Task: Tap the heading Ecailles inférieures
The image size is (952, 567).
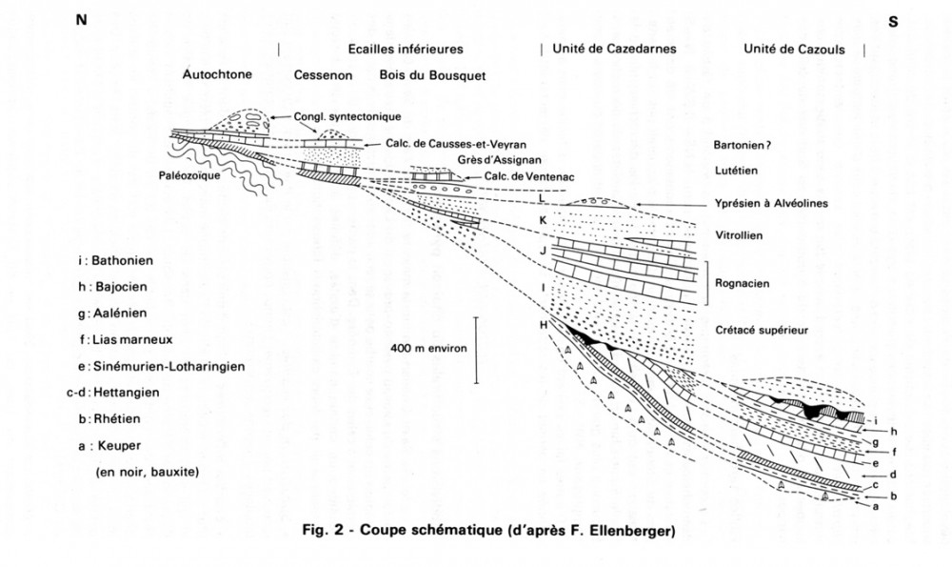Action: tap(405, 49)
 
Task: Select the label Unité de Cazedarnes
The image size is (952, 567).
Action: tap(615, 49)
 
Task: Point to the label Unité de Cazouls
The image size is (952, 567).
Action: tap(794, 49)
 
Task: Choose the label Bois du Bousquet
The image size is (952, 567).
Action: tap(421, 74)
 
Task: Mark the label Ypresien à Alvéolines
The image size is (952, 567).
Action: tap(770, 203)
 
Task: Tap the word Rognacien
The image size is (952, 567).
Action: tap(744, 283)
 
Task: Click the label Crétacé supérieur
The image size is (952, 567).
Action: tap(761, 330)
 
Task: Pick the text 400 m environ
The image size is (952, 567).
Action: tap(428, 349)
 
